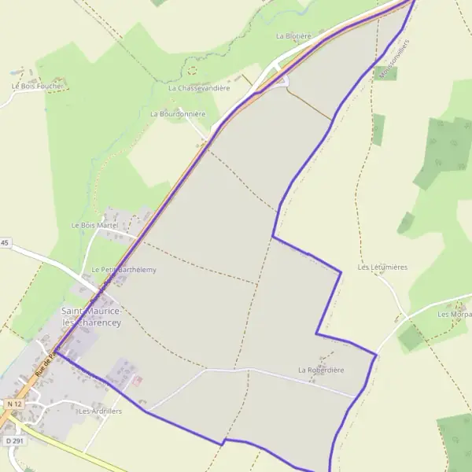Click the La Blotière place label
294,36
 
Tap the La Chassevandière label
199,88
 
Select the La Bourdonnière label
178,114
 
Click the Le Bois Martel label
94,225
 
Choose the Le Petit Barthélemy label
124,270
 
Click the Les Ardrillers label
100,411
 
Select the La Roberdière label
321,370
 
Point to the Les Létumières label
382,267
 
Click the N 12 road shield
12,404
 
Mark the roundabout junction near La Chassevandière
282,80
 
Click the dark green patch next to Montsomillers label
388,73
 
